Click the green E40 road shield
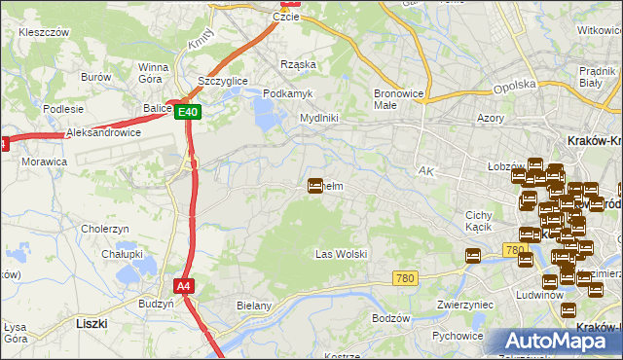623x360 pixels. pyautogui.click(x=189, y=113)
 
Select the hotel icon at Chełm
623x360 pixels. pyautogui.click(x=315, y=184)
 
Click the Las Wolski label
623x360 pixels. pyautogui.click(x=341, y=254)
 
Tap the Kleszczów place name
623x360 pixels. pyautogui.click(x=43, y=32)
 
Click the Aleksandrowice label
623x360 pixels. pyautogui.click(x=103, y=132)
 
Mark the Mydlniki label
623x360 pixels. pyautogui.click(x=318, y=118)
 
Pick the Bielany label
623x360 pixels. pyautogui.click(x=253, y=306)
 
